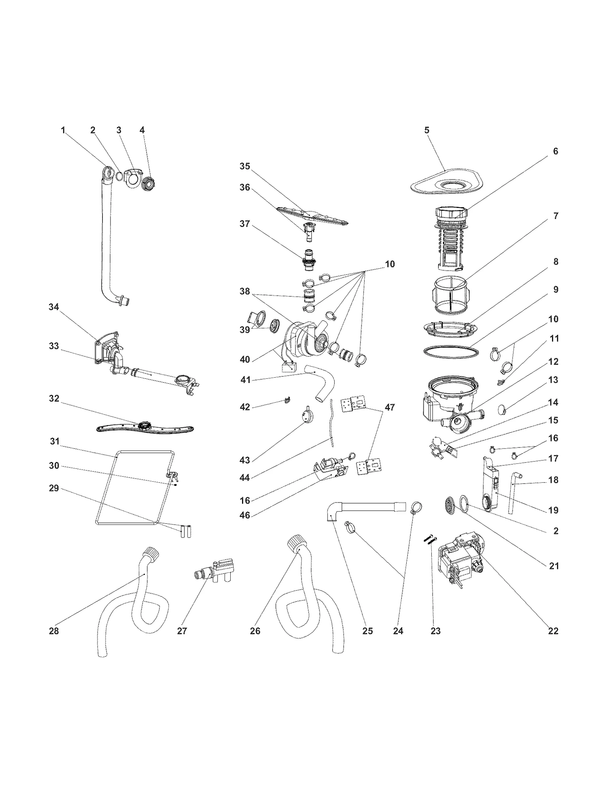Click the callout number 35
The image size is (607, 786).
[x=245, y=166]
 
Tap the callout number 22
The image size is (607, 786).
[x=553, y=630]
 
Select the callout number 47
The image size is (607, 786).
[x=390, y=407]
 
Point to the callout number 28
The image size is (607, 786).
[x=54, y=630]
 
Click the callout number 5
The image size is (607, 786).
[x=426, y=130]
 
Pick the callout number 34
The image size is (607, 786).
[x=54, y=307]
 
